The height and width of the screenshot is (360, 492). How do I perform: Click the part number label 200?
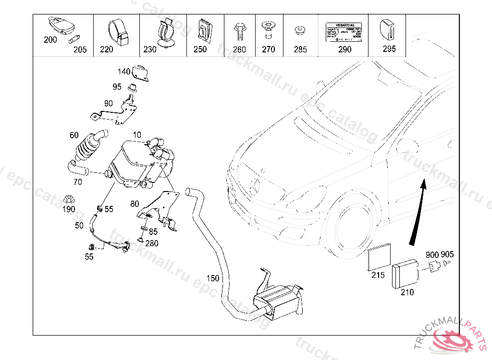[x=50, y=40]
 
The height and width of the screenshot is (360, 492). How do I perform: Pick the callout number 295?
[x=389, y=48]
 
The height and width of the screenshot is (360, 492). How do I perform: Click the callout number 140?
[x=124, y=72]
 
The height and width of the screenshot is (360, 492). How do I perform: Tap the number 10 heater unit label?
[x=137, y=135]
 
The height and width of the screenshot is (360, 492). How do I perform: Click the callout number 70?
[x=78, y=182]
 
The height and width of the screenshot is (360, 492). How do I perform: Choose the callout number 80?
[x=135, y=204]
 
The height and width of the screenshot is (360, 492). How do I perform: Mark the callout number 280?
[x=152, y=243]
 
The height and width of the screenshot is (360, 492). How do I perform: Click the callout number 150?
[x=212, y=278]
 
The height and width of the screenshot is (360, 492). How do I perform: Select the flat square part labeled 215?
[x=380, y=259]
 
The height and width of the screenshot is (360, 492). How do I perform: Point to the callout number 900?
[x=432, y=254]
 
